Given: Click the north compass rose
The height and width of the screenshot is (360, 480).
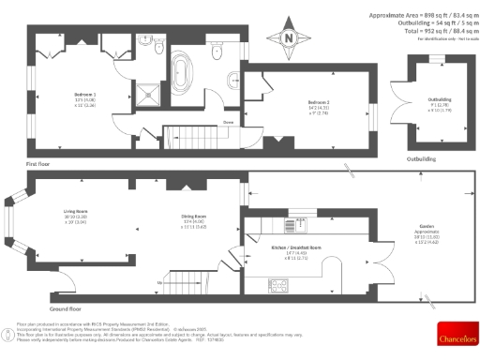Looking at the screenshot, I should (x=289, y=38).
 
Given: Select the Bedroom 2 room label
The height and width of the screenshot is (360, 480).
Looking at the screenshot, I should (x=319, y=102).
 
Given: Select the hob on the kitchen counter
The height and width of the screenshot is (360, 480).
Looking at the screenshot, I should (x=280, y=282).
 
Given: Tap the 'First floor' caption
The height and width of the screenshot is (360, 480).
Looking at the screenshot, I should (x=39, y=163).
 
